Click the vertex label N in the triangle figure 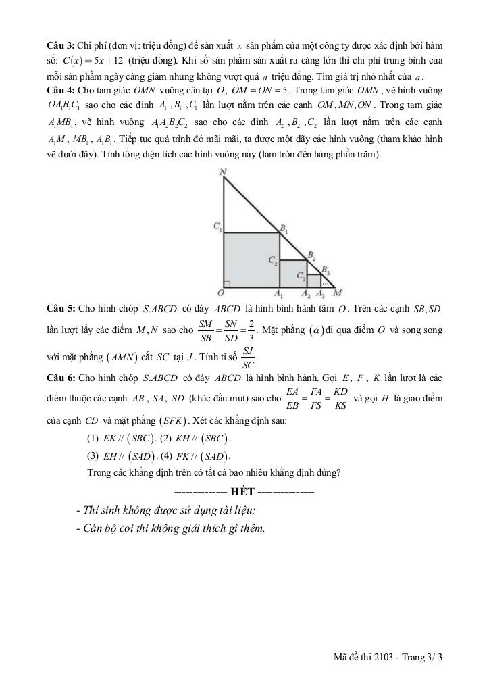223,172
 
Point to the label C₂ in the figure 272,260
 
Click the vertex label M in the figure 338,293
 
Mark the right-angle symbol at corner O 227,283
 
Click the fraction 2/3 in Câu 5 251,329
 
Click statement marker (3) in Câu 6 93,455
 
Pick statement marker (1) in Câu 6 93,437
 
